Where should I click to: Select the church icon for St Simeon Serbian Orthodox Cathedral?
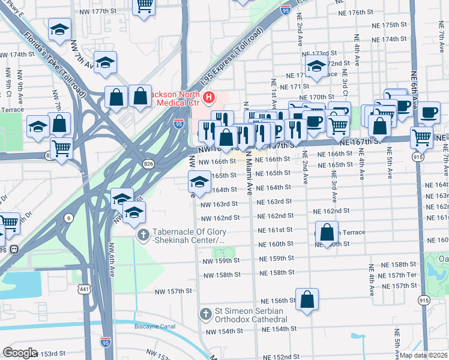[x=206, y=314]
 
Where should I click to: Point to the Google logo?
[x=20, y=353]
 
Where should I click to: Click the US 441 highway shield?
[x=83, y=290]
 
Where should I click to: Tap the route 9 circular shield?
[x=69, y=218]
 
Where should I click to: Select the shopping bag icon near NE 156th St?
[x=307, y=299]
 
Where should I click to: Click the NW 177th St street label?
[x=98, y=11]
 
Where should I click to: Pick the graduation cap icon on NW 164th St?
[x=199, y=181]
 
